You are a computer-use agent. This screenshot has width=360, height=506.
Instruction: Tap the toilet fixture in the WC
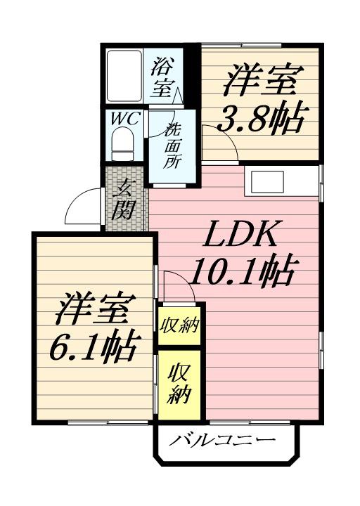(x=124, y=145)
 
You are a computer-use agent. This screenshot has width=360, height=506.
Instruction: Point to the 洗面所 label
(x=172, y=146)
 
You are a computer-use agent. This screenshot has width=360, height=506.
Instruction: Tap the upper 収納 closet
(x=179, y=325)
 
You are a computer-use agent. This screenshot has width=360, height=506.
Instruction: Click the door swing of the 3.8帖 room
(x=219, y=140)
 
